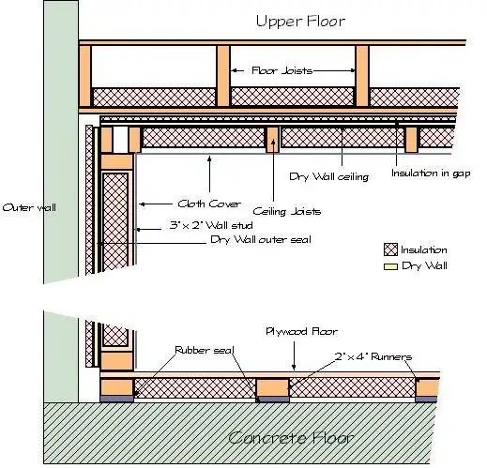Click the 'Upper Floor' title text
(300, 22)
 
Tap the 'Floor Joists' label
(282, 70)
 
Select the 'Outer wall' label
(29, 207)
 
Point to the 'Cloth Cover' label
(209, 204)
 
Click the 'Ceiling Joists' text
(287, 212)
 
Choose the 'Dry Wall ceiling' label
(328, 177)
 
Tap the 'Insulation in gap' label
(431, 174)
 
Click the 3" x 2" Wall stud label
(211, 225)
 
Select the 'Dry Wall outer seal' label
(261, 240)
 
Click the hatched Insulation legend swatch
(390, 249)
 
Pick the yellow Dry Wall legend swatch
(390, 266)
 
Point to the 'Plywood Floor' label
(301, 331)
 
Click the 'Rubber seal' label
(205, 350)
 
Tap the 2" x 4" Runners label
(373, 356)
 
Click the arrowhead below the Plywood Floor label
(294, 367)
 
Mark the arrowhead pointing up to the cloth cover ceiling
(209, 159)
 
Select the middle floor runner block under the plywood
(272, 387)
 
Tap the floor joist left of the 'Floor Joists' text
(223, 76)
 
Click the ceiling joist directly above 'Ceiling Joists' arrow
(272, 140)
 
